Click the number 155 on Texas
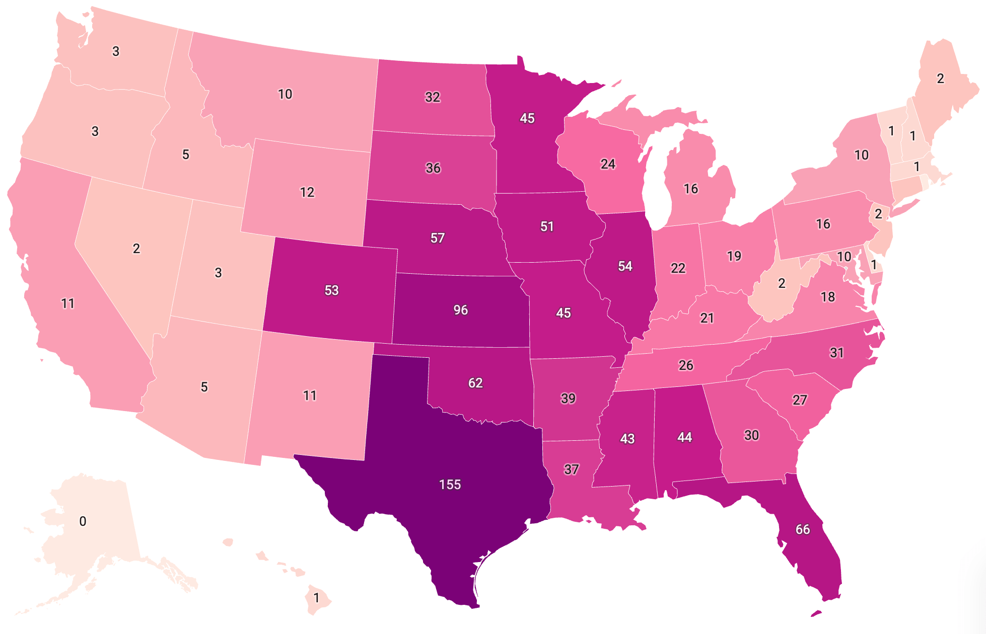(450, 485)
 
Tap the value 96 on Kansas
(460, 310)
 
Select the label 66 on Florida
(803, 529)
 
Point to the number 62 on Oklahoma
(475, 383)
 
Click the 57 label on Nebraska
(438, 238)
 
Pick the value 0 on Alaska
(83, 521)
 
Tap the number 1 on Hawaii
(316, 598)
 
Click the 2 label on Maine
(940, 78)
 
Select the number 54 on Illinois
(625, 266)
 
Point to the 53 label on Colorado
(331, 290)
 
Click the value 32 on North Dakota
(433, 97)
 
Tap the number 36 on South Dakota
(433, 168)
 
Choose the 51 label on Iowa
(547, 227)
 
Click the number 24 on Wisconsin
(608, 164)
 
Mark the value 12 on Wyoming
(307, 192)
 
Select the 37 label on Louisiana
(571, 469)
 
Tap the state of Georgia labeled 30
(755, 443)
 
